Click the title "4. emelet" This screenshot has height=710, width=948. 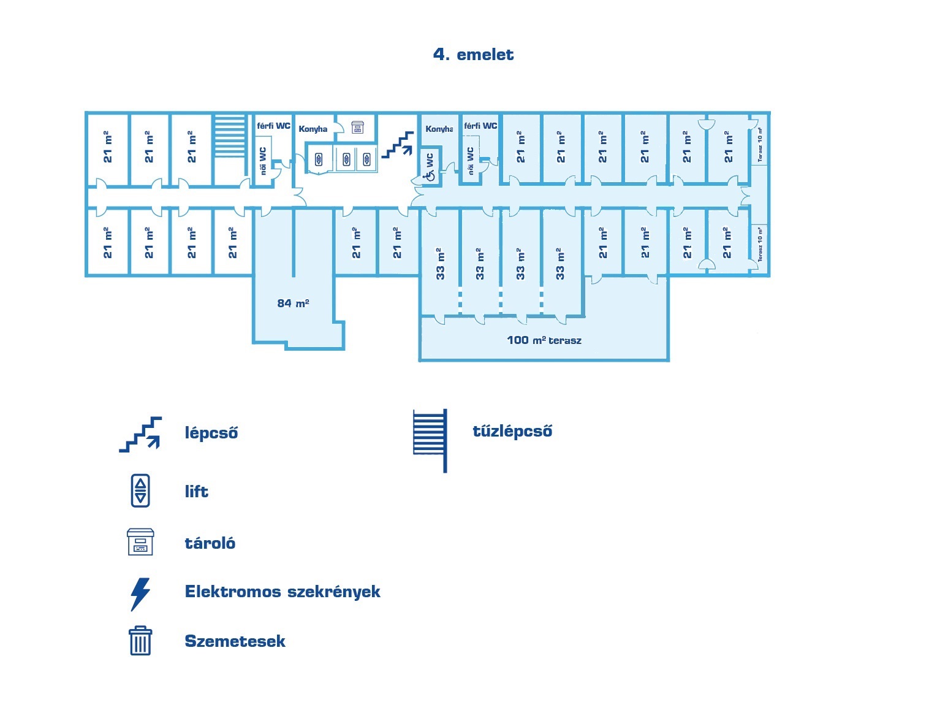pos(473,55)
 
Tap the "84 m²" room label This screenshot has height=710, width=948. pos(293,303)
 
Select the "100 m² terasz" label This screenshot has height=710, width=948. pos(544,340)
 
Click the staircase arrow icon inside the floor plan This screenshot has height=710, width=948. pos(397,145)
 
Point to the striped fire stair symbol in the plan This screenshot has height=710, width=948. pos(229,136)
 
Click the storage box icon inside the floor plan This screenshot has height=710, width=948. pos(357,127)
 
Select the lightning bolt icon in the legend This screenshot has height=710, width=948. pos(140,594)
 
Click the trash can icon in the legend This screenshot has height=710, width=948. pos(140,641)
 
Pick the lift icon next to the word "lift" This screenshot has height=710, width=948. pos(140,491)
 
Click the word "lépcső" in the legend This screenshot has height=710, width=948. pos(211,433)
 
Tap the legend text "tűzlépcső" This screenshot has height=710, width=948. pos(512,431)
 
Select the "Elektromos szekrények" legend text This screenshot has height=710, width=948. pos(283,592)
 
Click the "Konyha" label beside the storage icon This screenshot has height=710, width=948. pos(313,129)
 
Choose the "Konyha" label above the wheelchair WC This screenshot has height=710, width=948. pos(439,129)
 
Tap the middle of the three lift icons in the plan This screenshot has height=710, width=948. pos(346,159)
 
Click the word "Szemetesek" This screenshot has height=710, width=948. pos(235,641)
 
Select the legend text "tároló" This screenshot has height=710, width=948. pos(210,543)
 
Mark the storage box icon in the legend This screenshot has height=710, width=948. pos(140,542)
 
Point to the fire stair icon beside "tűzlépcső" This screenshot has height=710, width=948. pos(430,440)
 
